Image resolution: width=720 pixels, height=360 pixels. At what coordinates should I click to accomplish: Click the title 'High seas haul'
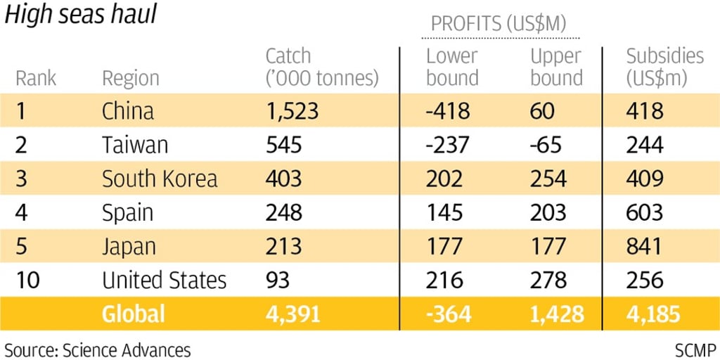point(80,16)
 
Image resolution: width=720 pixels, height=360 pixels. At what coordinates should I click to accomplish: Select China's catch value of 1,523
point(292,111)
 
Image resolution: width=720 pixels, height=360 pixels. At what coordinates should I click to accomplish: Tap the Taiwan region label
point(135,145)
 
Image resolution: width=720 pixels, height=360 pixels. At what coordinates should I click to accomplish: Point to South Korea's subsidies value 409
point(645,179)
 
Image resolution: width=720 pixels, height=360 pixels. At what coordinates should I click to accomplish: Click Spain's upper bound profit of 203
point(548,212)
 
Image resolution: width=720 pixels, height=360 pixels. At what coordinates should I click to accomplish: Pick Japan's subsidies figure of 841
point(644,246)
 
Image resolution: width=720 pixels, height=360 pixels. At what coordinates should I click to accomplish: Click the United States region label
point(164,280)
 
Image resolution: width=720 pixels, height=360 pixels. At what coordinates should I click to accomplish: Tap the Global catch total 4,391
point(292,314)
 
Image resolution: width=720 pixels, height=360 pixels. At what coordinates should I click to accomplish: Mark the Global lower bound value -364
point(449,314)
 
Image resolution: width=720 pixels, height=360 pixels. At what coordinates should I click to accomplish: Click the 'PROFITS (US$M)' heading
point(504,23)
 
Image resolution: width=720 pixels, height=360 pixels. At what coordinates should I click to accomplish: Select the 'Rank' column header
point(36,78)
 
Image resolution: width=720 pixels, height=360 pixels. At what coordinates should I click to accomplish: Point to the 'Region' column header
point(131,78)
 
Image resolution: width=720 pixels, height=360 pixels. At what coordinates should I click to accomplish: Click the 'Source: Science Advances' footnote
point(98,349)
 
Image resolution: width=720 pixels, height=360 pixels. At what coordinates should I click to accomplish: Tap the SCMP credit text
point(695,349)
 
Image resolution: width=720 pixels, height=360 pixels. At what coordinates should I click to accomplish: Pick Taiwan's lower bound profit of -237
point(448,145)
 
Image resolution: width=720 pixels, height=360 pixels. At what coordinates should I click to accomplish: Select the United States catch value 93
point(277,280)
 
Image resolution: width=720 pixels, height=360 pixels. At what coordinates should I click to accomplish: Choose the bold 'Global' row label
point(133,314)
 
